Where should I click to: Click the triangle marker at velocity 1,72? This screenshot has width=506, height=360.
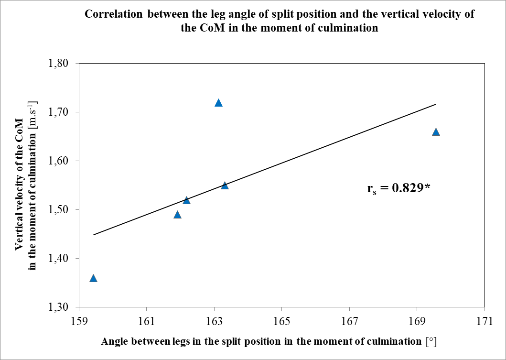pos(218,103)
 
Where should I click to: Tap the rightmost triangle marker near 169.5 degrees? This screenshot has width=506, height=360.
pos(436,132)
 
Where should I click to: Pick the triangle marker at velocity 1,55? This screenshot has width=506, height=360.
pos(225,185)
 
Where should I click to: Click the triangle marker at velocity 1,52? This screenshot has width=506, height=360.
pos(186,200)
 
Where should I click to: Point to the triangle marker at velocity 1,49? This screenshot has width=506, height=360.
pos(177,215)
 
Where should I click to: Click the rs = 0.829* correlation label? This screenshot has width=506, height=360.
pos(399,188)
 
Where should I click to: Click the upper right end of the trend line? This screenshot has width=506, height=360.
pos(436,104)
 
